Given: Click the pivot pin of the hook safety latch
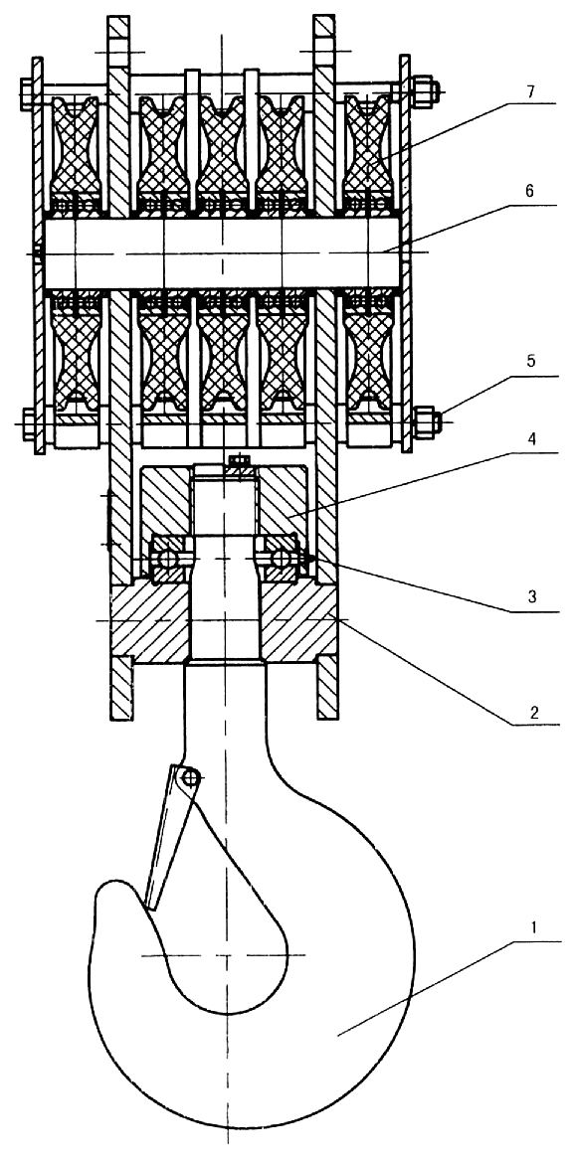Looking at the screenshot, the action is click(x=190, y=776).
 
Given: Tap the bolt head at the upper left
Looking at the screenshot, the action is click(x=28, y=91).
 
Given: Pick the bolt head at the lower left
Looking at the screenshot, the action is click(x=29, y=424).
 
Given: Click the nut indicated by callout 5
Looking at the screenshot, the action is click(x=425, y=422).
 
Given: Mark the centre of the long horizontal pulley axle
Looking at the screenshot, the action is click(x=222, y=252).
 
